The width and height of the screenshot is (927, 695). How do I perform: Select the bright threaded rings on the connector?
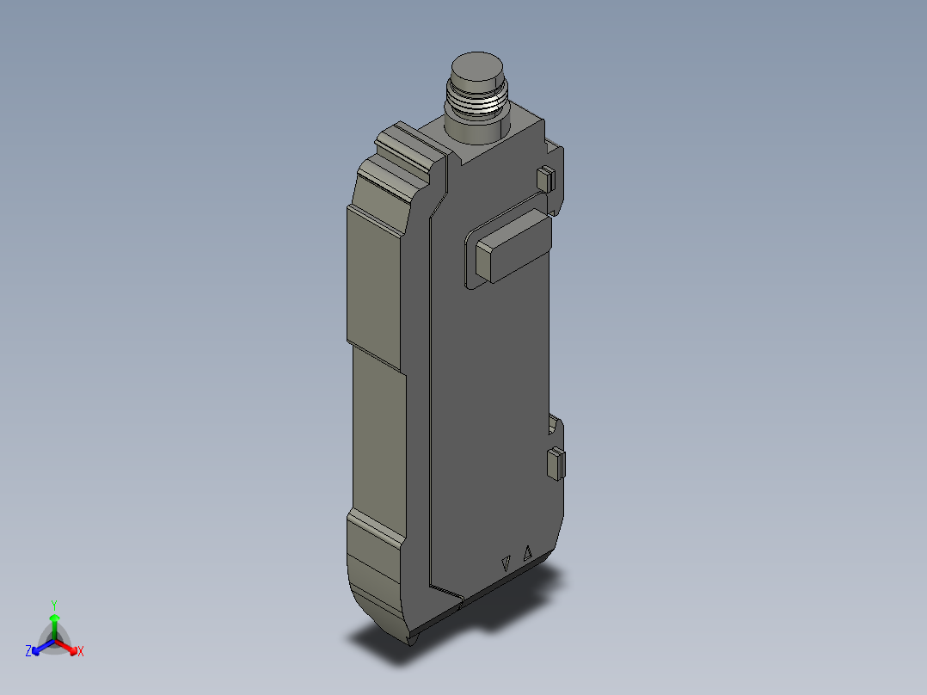click(x=475, y=105)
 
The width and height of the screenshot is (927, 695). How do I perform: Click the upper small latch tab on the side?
click(x=544, y=179)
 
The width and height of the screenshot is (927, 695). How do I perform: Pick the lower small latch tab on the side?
click(x=556, y=464)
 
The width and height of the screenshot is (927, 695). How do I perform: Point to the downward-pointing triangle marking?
click(x=507, y=565)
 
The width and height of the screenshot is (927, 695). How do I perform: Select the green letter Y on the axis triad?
click(x=54, y=605)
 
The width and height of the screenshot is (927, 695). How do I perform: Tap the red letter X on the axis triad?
click(x=81, y=652)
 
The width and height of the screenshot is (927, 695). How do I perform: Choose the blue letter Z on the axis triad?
click(x=28, y=652)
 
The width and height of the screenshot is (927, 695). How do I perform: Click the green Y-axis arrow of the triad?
click(x=54, y=624)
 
